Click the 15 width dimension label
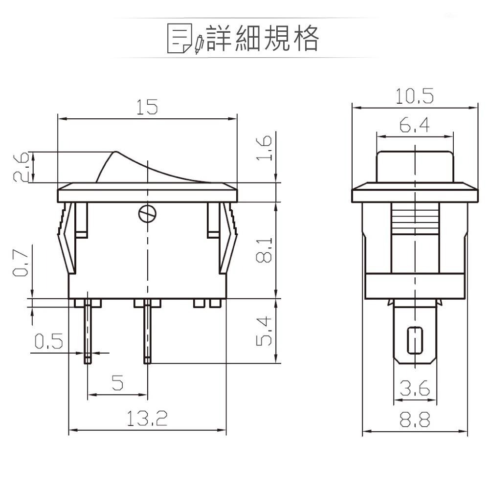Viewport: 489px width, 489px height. tap(147, 107)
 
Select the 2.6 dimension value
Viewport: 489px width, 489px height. tap(20, 167)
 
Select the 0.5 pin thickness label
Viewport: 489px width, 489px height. tap(48, 341)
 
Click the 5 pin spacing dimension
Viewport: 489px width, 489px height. tap(117, 382)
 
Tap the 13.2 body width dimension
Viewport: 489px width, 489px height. tap(147, 419)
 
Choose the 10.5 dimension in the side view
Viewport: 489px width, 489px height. tap(414, 96)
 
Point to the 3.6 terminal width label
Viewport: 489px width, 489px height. tap(414, 389)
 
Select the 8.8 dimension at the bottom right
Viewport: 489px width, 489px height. tap(414, 420)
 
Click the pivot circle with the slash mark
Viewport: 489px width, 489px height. tap(147, 213)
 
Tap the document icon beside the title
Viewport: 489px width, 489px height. tap(179, 38)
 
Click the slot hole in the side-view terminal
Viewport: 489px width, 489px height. tap(415, 339)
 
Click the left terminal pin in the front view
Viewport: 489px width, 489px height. tap(88, 333)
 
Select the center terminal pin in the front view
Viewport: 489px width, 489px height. tap(147, 333)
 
